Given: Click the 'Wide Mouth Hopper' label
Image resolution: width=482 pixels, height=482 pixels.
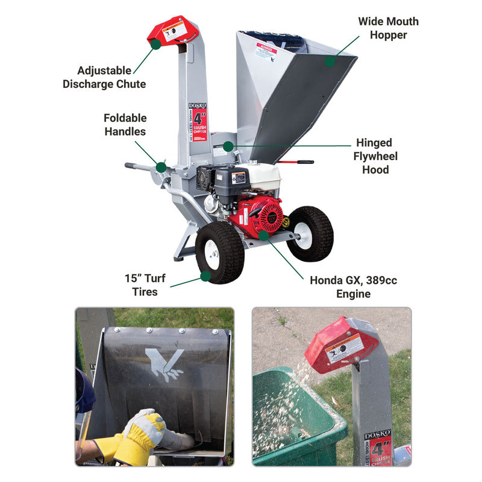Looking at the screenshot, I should click(388, 28).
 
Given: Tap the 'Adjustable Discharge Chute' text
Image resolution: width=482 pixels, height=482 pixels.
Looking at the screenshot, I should click(104, 77).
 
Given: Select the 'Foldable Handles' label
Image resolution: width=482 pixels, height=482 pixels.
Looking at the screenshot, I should click(125, 124).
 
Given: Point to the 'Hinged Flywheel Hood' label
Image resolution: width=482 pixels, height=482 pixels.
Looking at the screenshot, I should click(375, 156).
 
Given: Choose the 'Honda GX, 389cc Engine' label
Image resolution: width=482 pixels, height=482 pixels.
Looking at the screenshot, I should click(353, 287).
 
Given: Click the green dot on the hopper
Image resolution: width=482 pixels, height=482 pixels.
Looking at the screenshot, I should click(330, 61).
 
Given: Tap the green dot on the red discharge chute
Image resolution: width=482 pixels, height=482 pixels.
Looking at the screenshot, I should click(155, 44).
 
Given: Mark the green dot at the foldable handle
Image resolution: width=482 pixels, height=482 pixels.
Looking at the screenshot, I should click(161, 167).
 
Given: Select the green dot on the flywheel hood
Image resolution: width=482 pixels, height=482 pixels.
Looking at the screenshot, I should click(228, 146).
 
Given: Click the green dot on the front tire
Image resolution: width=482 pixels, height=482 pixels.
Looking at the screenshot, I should click(205, 277).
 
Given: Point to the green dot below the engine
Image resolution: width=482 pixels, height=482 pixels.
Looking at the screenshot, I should click(263, 235).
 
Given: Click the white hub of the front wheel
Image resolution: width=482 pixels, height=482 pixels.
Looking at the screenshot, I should click(213, 255).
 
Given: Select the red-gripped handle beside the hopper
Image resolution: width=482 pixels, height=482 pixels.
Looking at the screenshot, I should click(299, 162).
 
